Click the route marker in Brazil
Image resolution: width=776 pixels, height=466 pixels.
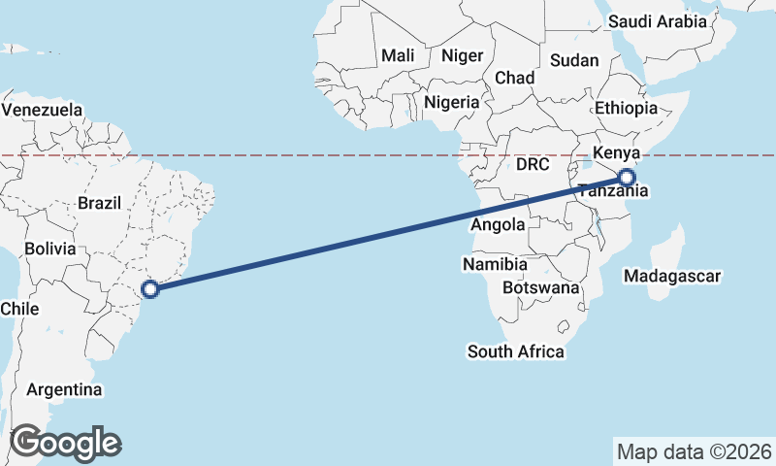click(x=149, y=288)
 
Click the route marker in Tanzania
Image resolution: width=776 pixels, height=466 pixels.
click(x=627, y=178)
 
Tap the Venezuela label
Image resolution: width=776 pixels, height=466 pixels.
click(x=42, y=110)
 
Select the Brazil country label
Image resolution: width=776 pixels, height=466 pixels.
click(x=98, y=204)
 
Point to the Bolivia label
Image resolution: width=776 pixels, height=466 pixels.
click(x=50, y=249)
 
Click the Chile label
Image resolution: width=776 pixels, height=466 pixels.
click(x=19, y=309)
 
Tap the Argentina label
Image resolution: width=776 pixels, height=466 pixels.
click(x=65, y=390)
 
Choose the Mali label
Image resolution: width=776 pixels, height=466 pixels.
click(x=398, y=56)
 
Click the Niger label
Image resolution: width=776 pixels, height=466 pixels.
click(x=462, y=56)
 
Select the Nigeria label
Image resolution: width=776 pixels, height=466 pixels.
click(x=452, y=102)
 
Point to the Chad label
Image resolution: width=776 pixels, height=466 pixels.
click(x=514, y=78)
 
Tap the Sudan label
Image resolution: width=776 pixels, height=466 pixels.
click(x=574, y=60)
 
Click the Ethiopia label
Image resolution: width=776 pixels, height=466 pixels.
click(x=627, y=108)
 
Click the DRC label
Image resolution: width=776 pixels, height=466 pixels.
click(x=533, y=165)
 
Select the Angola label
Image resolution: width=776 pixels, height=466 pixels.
click(x=497, y=225)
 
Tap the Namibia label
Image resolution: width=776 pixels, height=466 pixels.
click(x=495, y=264)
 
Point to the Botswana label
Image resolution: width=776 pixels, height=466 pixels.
click(x=541, y=288)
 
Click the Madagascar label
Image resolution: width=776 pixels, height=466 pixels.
click(x=673, y=277)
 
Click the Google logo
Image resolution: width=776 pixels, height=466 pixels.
click(x=65, y=443)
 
